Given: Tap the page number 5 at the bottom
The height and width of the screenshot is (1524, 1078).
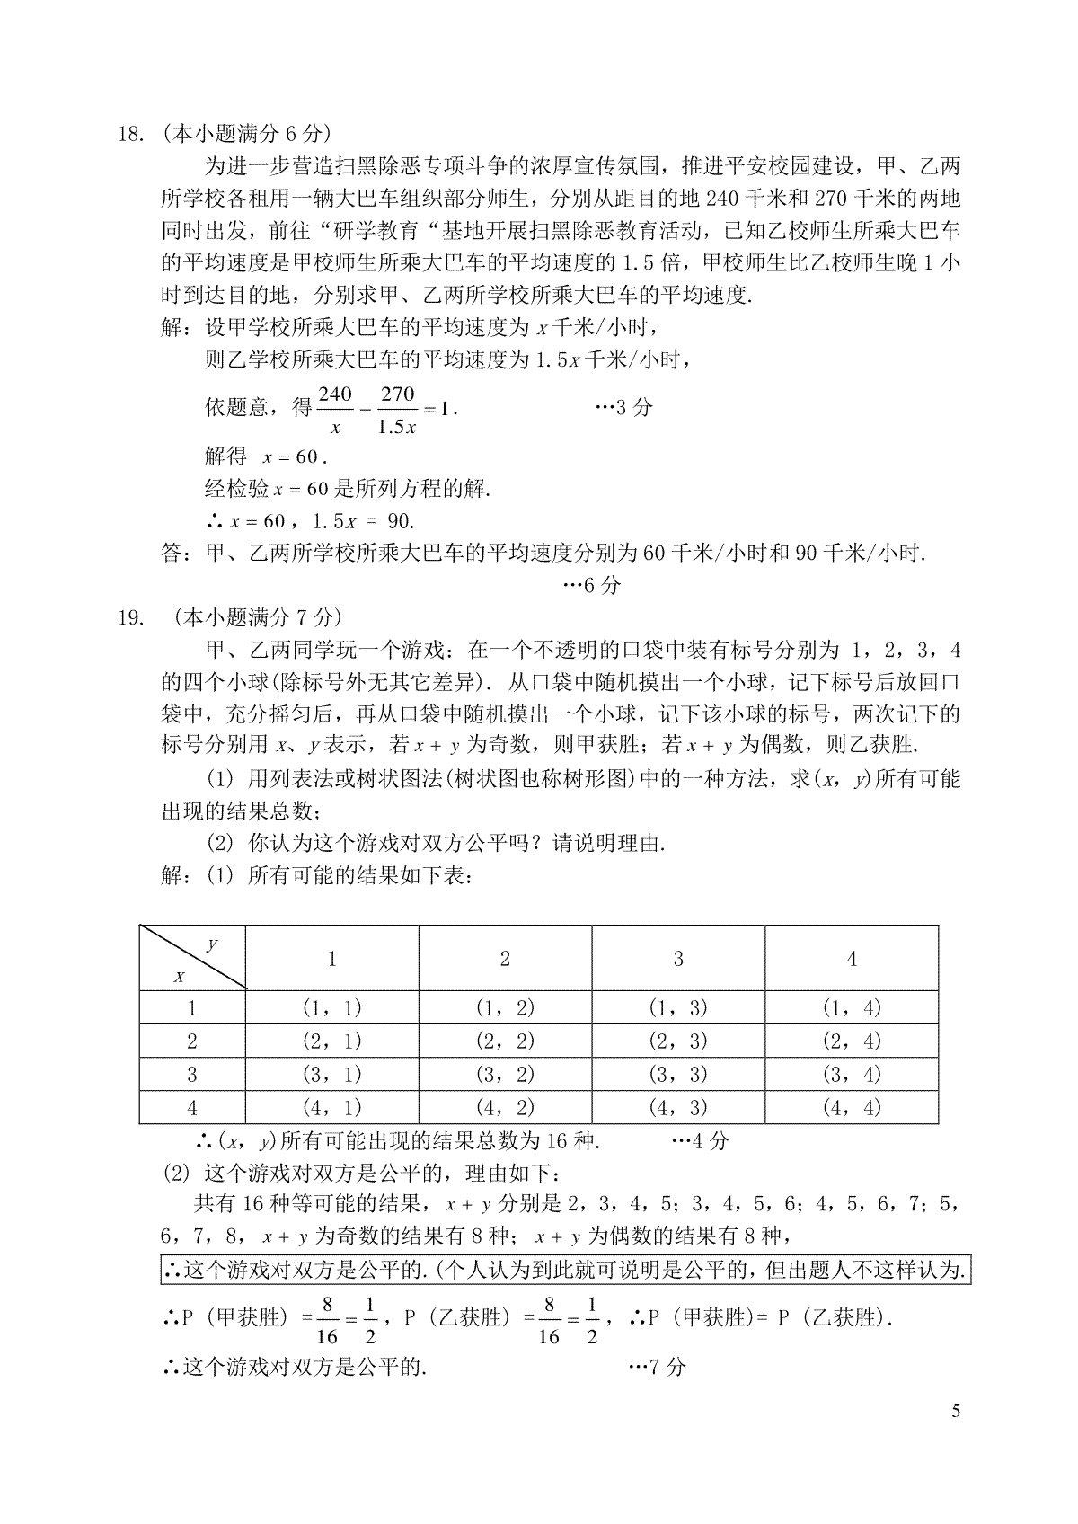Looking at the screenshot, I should tap(956, 1410).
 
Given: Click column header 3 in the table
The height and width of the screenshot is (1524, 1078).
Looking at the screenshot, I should tap(678, 959).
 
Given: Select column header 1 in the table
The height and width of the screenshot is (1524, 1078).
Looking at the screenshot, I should tap(331, 959).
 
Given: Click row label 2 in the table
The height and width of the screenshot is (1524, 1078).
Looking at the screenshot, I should tap(192, 1041).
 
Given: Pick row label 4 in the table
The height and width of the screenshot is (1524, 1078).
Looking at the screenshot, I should tap(192, 1107).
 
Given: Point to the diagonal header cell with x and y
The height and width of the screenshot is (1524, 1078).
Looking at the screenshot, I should tap(192, 959).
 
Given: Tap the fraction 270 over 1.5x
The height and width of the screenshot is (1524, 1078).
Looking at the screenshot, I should tap(396, 410).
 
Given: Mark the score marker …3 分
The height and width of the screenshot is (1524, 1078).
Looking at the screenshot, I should tap(624, 407).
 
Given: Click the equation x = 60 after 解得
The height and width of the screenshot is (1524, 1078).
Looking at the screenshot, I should tap(295, 456).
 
